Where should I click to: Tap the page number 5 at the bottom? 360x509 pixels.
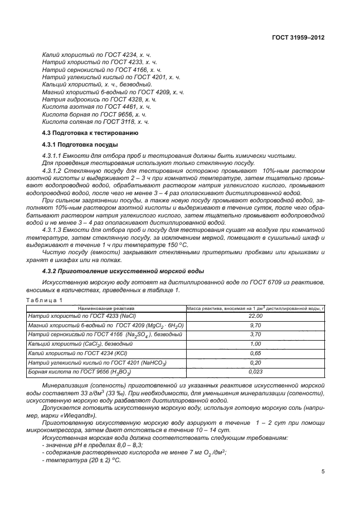pos(323,471)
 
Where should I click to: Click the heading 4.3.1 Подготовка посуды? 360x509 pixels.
pos(74,145)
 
